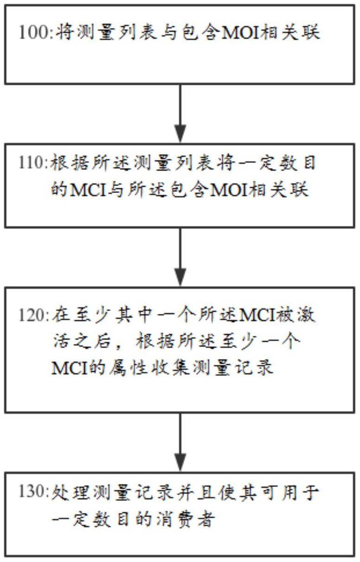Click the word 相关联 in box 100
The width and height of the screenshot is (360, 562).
[291, 34]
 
